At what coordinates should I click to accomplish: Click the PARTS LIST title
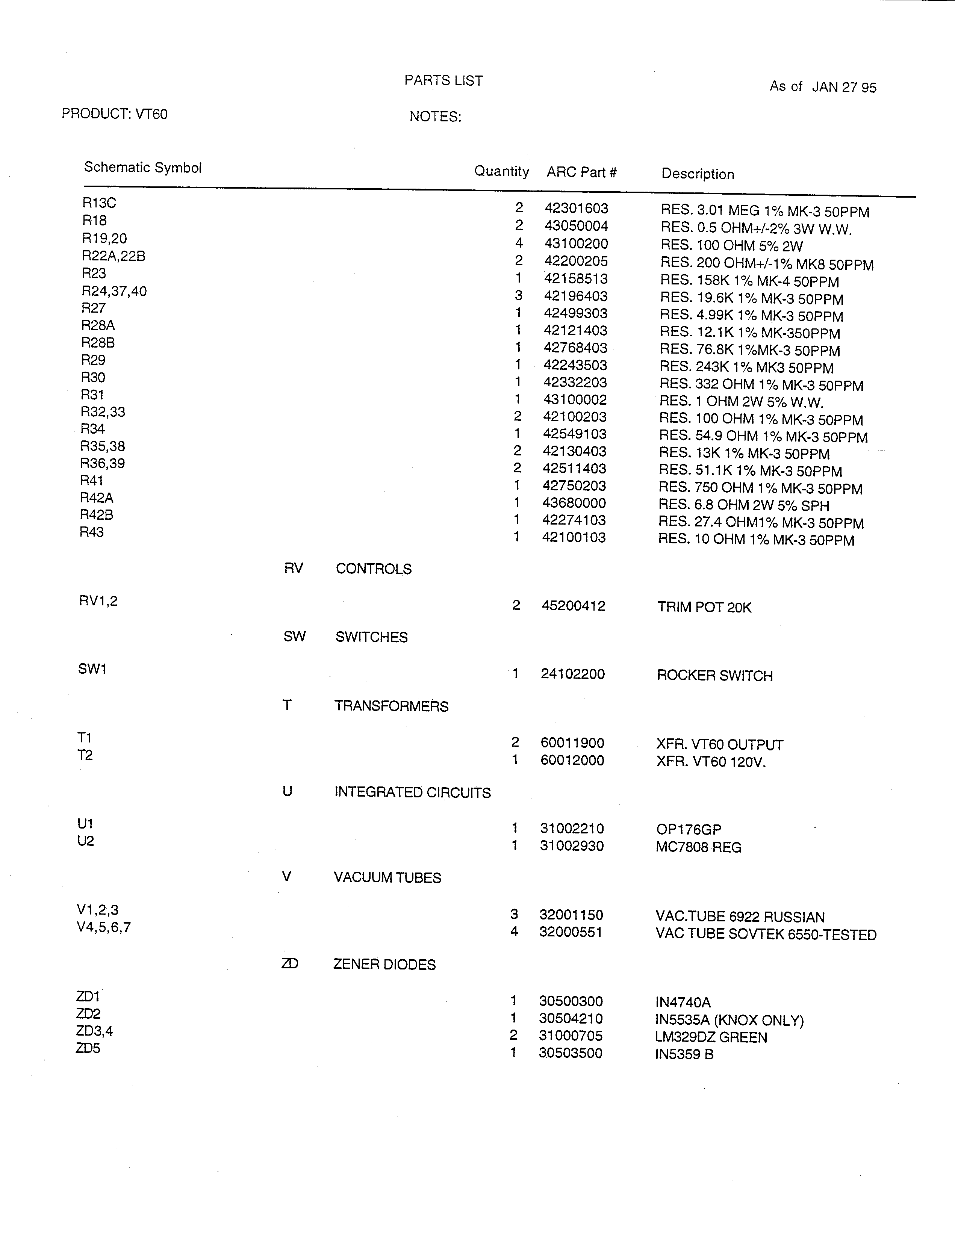(x=443, y=80)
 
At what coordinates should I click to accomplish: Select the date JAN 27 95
(x=844, y=87)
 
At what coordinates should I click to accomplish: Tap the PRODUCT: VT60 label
(x=114, y=114)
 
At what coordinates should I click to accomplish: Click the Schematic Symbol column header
(x=143, y=168)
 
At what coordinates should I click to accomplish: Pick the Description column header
(x=698, y=174)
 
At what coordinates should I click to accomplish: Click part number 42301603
(x=576, y=209)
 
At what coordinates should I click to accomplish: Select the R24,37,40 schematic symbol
(x=114, y=291)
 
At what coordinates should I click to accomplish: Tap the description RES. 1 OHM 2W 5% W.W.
(x=741, y=402)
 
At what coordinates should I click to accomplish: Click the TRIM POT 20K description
(x=704, y=607)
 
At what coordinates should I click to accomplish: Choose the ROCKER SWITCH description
(x=714, y=676)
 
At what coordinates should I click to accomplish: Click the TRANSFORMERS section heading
(x=391, y=706)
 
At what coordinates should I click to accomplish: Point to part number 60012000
(x=572, y=760)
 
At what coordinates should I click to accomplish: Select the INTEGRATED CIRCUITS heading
(x=412, y=792)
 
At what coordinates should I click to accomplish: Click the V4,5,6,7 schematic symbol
(x=104, y=927)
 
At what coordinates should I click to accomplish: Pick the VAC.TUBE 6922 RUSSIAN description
(x=740, y=916)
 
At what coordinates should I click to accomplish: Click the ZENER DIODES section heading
(x=384, y=965)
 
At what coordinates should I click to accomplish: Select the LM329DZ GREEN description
(x=711, y=1037)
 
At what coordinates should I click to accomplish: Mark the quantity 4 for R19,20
(x=519, y=243)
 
